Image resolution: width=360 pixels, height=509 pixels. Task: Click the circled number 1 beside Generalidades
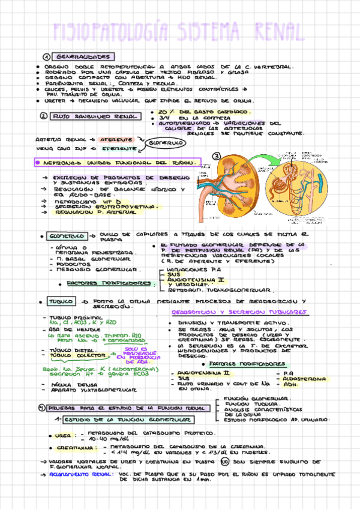point(46,56)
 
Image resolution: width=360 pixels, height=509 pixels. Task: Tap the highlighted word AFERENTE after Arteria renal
point(116,139)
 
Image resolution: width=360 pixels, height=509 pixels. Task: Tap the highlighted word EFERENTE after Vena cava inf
point(116,148)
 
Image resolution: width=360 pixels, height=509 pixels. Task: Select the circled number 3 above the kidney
point(217,157)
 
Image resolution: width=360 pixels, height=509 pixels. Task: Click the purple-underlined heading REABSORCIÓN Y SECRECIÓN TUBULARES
point(239,313)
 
